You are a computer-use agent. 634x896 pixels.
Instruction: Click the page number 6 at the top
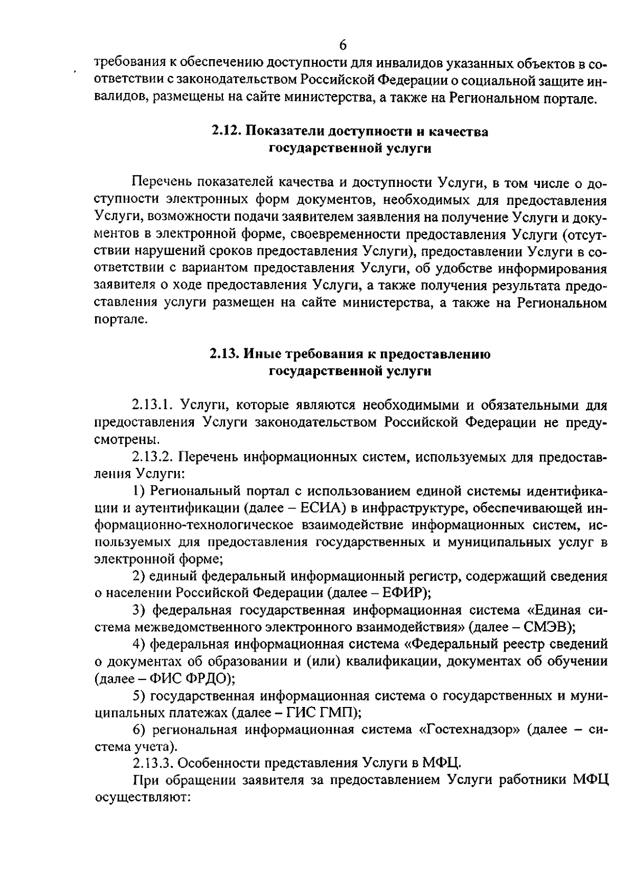tap(343, 45)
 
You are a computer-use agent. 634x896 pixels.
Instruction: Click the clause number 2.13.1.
tap(153, 405)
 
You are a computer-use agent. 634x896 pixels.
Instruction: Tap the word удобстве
tap(463, 268)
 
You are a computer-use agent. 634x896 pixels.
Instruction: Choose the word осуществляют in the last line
tap(142, 797)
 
